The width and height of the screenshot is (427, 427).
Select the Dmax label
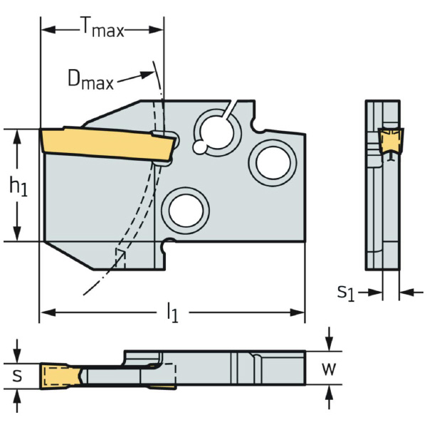90,80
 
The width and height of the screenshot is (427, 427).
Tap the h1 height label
16,186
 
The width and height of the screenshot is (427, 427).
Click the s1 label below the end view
345,291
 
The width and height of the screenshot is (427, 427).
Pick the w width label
328,369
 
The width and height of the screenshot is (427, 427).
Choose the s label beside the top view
18,374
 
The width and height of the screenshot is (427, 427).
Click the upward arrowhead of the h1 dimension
17,135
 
